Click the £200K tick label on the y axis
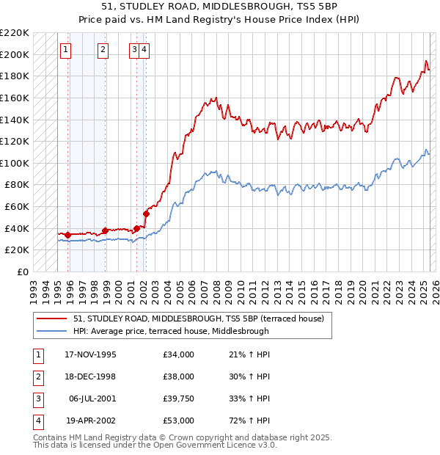[15, 54]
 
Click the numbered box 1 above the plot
[65, 50]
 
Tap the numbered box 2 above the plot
[103, 50]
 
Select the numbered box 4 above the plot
[144, 50]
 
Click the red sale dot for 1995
[68, 235]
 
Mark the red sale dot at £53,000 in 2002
[146, 214]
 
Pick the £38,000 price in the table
[179, 376]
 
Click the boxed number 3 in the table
[37, 398]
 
